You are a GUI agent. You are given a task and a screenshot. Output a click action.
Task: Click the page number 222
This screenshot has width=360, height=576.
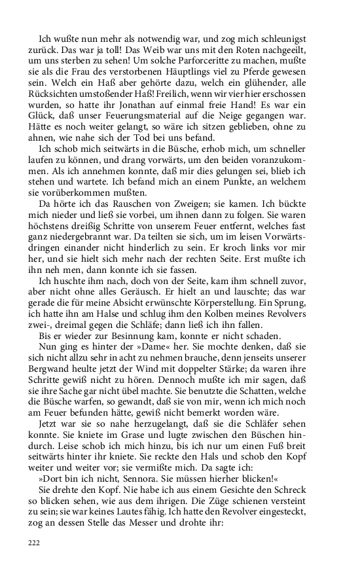(34, 543)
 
